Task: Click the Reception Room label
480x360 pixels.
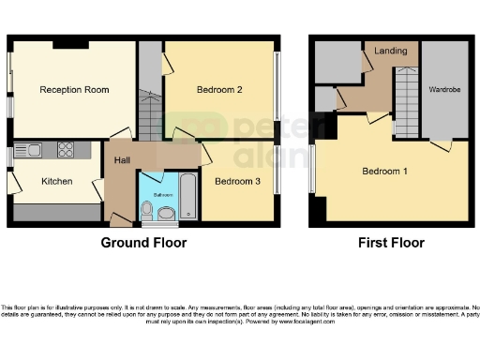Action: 74,90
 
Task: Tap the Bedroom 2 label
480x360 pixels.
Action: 220,90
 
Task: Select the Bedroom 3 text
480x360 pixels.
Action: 237,181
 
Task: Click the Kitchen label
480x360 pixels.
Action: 57,181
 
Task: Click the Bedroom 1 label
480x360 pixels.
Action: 385,172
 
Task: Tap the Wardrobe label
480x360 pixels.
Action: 444,90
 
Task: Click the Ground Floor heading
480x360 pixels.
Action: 143,243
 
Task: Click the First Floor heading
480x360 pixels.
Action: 391,243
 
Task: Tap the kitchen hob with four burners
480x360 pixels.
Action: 66,148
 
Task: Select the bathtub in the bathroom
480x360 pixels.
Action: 187,196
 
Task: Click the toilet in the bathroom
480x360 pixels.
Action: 166,216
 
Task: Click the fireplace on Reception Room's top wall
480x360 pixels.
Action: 70,43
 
